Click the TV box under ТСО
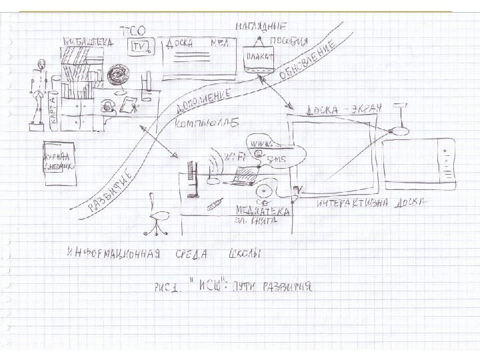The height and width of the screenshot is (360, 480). [140, 46]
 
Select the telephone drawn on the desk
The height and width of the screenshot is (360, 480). [107, 105]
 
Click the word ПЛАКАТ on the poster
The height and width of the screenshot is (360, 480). [259, 57]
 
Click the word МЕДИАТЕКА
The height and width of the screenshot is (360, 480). [262, 211]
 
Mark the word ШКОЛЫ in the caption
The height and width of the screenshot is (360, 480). [244, 254]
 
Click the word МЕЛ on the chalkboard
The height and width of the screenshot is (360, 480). [221, 43]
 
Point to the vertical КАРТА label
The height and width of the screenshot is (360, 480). [51, 115]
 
